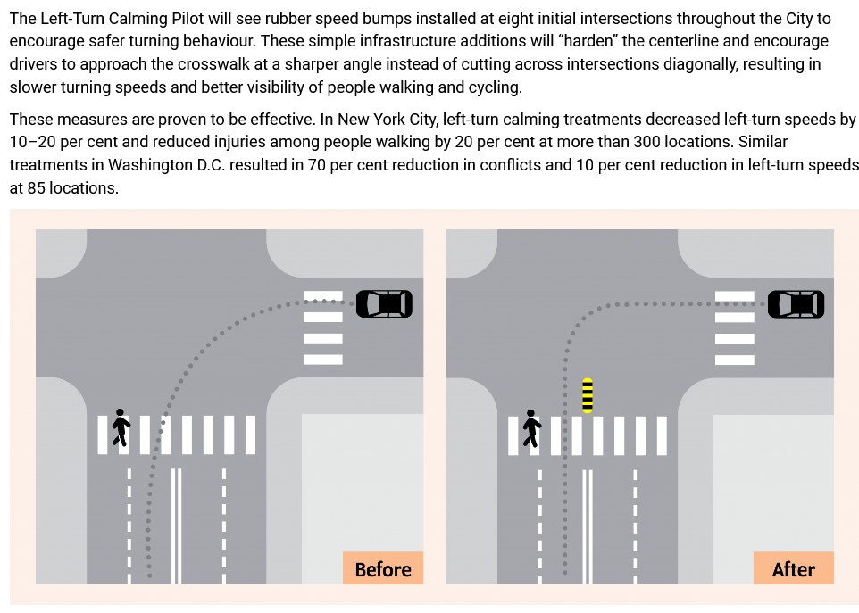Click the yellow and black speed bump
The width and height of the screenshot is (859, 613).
click(587, 395)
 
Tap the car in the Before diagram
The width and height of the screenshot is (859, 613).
click(384, 303)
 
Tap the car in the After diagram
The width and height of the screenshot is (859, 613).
click(796, 303)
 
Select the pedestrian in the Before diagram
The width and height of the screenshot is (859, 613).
click(121, 428)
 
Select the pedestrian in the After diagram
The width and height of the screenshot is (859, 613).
click(531, 428)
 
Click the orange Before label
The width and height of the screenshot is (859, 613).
click(383, 569)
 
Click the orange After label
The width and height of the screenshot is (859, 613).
click(793, 569)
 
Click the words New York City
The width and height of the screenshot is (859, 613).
click(387, 120)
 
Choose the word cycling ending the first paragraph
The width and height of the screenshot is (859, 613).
click(494, 87)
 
